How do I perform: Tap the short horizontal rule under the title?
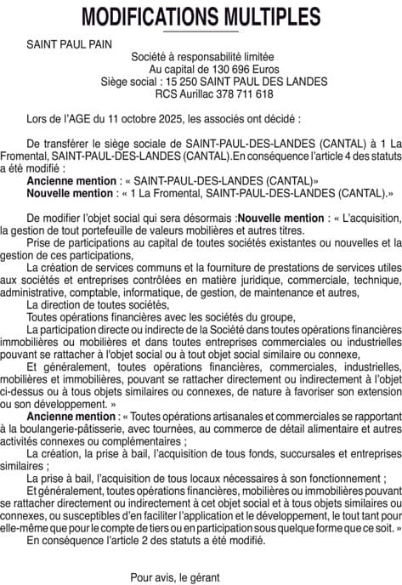click(x=201, y=31)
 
